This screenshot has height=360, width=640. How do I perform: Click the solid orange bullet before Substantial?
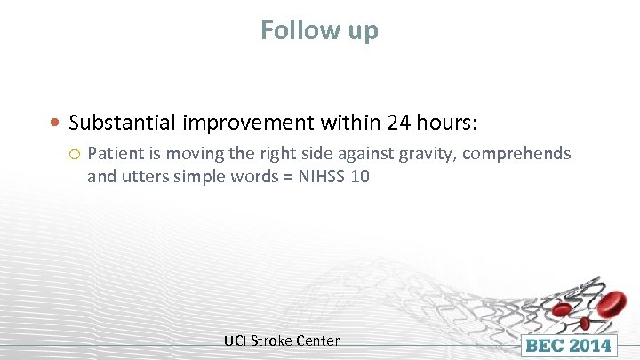click(56, 122)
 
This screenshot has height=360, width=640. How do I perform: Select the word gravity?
click(427, 155)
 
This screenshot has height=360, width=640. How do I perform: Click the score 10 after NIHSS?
click(359, 177)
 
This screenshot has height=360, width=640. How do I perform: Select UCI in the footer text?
click(236, 340)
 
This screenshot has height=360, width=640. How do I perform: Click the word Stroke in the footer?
click(271, 340)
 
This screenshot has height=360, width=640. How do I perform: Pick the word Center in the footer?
click(317, 340)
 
